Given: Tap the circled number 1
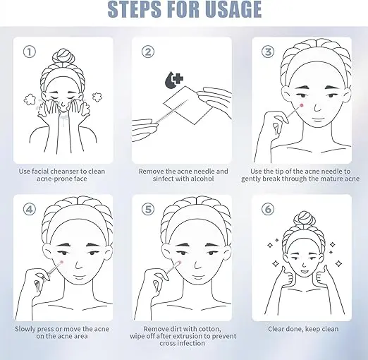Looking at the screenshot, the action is click(x=30, y=52).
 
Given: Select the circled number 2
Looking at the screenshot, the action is click(x=148, y=52).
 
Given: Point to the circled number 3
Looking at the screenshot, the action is click(x=268, y=52).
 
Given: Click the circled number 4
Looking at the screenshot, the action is click(x=30, y=209).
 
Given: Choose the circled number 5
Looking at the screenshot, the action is click(x=148, y=209).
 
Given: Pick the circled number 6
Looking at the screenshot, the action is click(x=268, y=209).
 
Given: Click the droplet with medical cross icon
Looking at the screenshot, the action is click(x=174, y=80).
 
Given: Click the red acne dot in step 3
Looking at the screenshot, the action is click(x=302, y=105).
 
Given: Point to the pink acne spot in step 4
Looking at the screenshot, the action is click(x=62, y=262).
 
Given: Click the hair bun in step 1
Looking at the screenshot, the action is click(x=63, y=56).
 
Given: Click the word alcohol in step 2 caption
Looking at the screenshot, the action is click(x=202, y=179).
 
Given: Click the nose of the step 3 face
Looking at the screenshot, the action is click(x=317, y=107).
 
